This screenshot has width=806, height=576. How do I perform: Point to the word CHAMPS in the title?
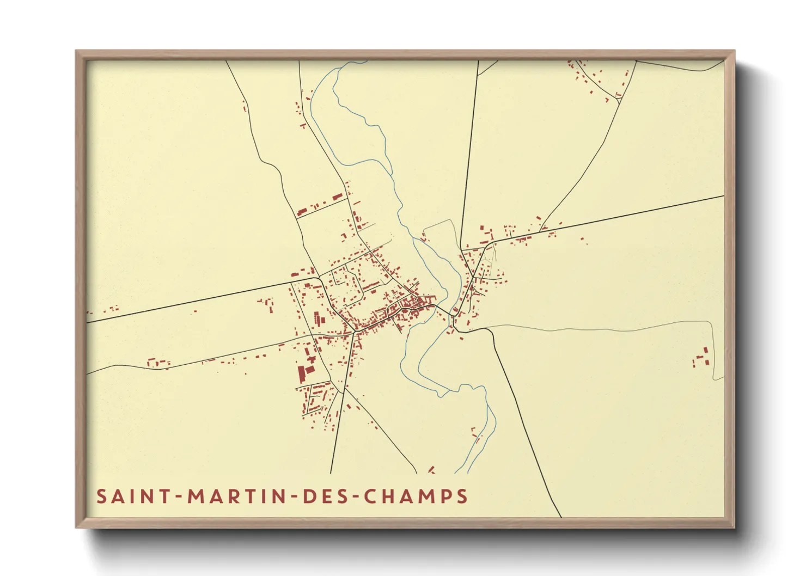pos(415,497)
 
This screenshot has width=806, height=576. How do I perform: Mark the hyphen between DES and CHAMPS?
pos(354,497)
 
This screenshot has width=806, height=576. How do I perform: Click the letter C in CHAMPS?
pos(370,497)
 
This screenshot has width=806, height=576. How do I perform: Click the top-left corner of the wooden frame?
pos(76,51)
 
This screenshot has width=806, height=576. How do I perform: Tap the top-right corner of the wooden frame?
pos(734,51)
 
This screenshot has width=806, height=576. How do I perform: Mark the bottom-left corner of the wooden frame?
pos(76,527)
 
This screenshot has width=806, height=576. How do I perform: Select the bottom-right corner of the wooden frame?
pos(734,527)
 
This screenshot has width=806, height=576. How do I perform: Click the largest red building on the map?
pos(301,375)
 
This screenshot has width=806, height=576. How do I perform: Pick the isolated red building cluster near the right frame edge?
pos(701,358)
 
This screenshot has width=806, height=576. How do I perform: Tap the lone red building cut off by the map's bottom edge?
pos(431,470)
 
